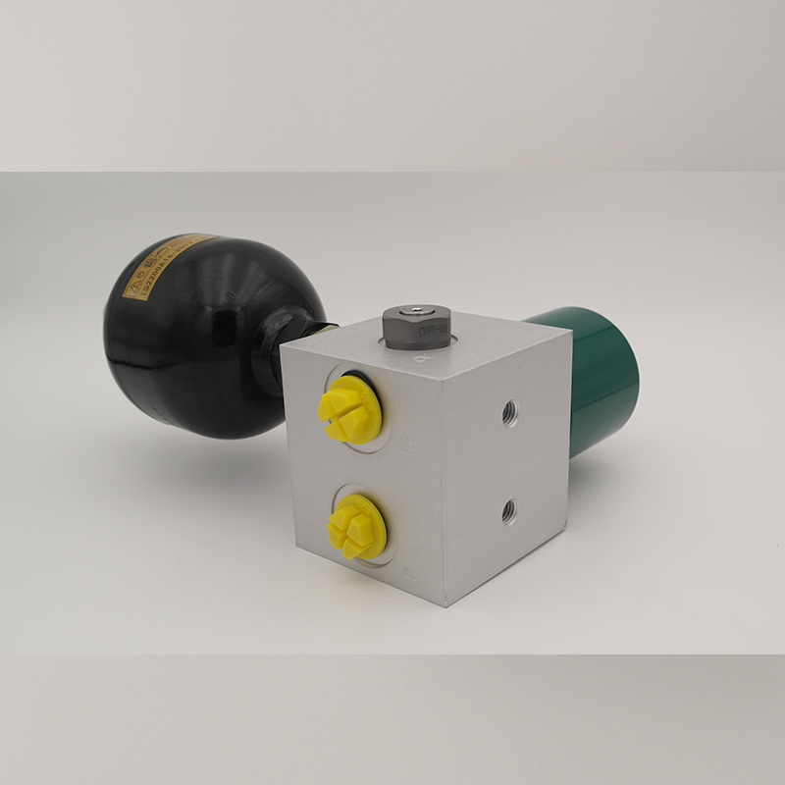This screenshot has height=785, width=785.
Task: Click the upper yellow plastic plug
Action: tap(349, 407)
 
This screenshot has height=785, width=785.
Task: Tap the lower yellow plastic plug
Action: tap(355, 527)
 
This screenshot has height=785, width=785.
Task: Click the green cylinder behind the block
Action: tap(594, 378)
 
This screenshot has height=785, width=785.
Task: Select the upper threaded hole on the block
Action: tap(509, 413)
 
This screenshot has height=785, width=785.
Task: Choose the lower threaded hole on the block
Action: tap(508, 510)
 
